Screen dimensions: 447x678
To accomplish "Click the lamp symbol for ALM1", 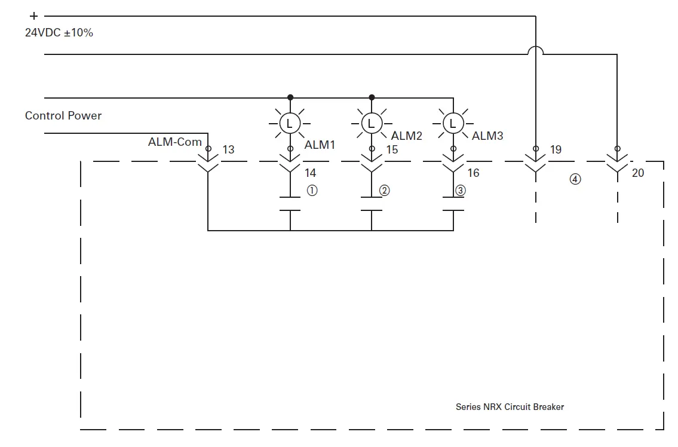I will [x=290, y=124].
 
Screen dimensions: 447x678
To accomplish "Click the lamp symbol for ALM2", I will [x=372, y=124].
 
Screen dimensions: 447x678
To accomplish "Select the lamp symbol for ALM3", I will [x=453, y=124].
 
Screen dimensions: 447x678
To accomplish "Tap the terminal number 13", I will [x=228, y=149].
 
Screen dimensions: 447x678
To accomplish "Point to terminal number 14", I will [x=310, y=173].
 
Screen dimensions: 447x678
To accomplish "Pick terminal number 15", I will [x=391, y=149].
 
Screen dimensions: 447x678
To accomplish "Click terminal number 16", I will [x=473, y=173].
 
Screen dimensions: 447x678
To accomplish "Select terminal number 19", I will [x=556, y=149].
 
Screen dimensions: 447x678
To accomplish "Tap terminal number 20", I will [x=638, y=173].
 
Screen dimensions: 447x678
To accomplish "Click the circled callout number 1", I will [x=312, y=191].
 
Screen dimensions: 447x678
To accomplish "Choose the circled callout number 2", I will [x=385, y=191].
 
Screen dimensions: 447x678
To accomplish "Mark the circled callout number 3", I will [x=460, y=191].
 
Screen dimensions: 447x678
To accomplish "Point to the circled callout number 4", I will [x=575, y=179].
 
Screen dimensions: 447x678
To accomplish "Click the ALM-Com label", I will [x=174, y=142].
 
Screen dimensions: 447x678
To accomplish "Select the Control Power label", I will [x=63, y=115].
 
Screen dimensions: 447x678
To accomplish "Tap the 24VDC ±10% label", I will [x=59, y=33].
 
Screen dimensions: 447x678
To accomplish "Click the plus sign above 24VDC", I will [x=33, y=17].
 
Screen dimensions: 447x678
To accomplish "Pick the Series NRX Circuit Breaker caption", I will [x=510, y=407].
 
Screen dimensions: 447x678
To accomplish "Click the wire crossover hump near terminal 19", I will [x=536, y=51].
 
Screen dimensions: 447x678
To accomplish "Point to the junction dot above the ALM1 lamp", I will [x=290, y=97].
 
